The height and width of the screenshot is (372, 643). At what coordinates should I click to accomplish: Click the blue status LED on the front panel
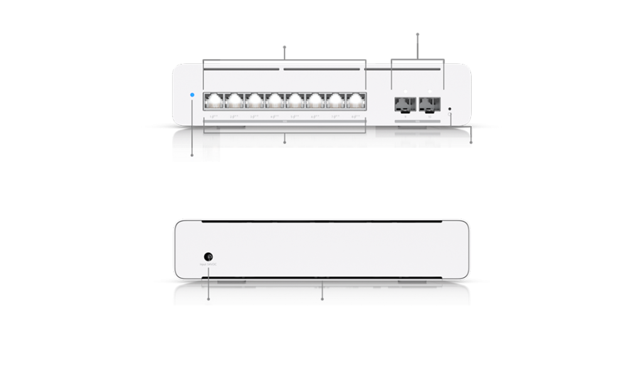(192, 95)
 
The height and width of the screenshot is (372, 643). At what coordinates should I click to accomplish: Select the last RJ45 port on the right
(356, 101)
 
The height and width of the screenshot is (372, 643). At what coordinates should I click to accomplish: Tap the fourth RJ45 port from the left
(275, 101)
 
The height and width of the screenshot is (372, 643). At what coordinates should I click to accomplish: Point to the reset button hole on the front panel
(451, 109)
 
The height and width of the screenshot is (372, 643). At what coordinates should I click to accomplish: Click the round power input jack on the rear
(208, 257)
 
